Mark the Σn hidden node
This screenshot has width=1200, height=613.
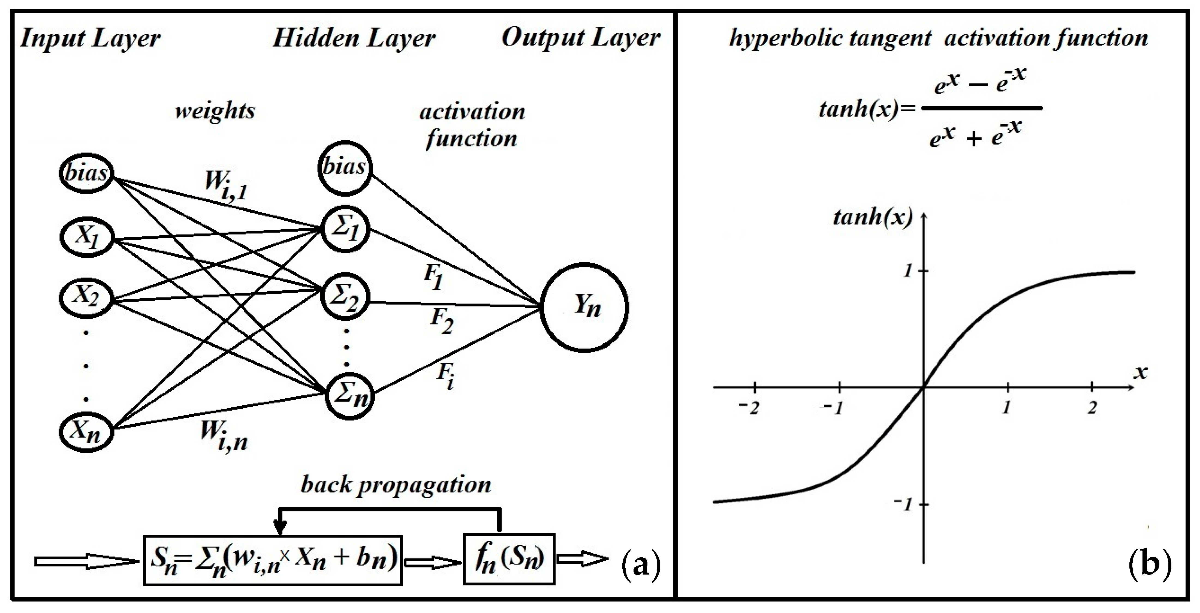tap(348, 395)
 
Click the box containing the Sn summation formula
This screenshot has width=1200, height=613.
tap(273, 560)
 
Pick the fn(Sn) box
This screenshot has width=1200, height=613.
tap(509, 559)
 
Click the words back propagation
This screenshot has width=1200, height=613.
tap(396, 485)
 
